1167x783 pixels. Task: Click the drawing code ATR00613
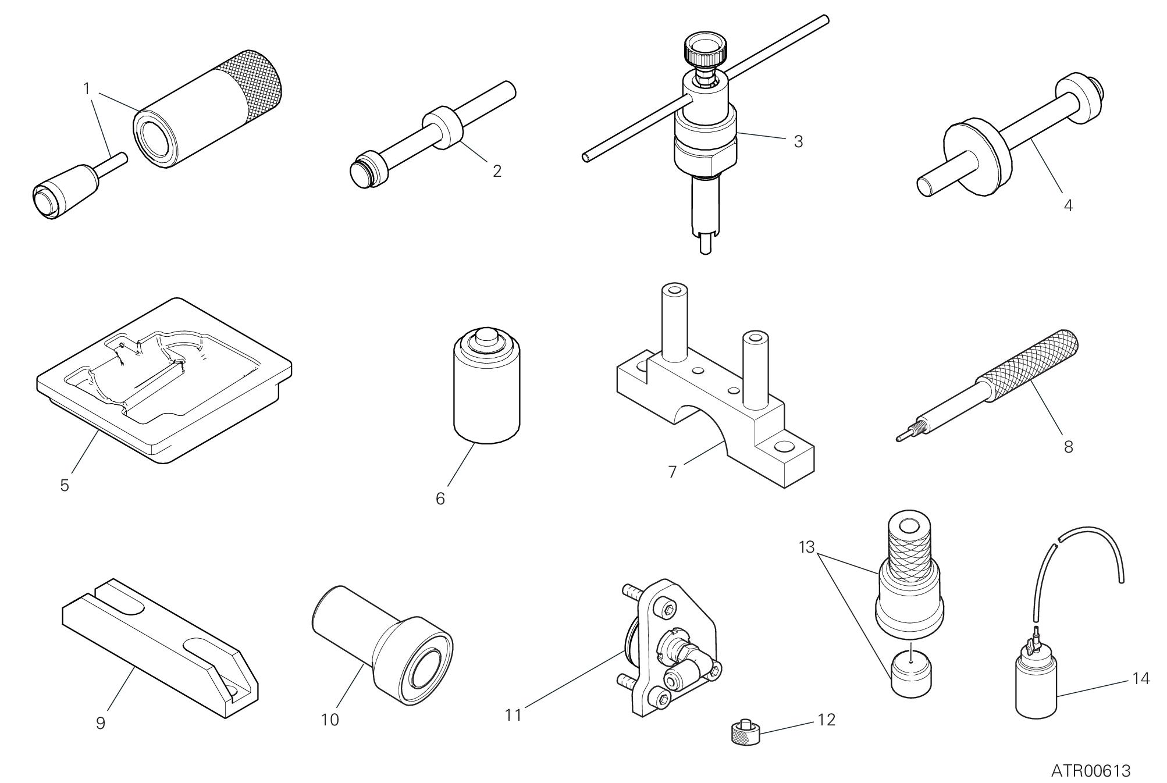pos(1091,770)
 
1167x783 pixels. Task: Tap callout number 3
pos(798,141)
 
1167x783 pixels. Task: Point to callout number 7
pos(673,472)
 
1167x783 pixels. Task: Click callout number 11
pos(513,714)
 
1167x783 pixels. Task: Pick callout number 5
pos(65,485)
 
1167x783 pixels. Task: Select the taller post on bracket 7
pos(675,321)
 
